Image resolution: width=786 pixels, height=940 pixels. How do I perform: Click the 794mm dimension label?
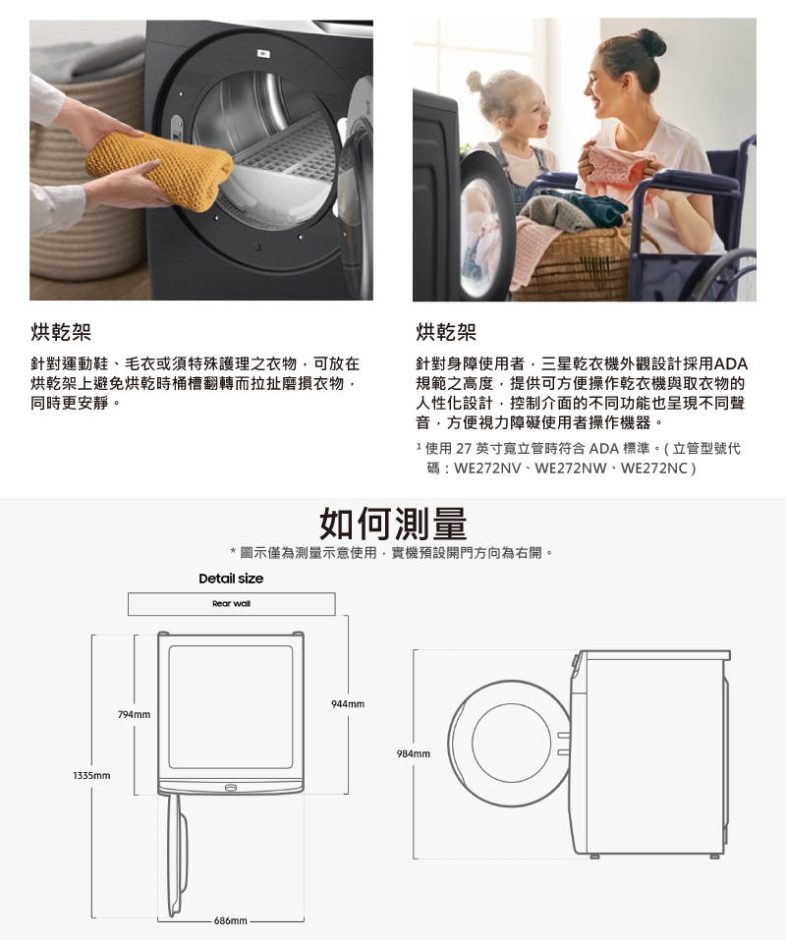point(135,715)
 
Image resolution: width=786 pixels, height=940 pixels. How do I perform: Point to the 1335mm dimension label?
point(91,776)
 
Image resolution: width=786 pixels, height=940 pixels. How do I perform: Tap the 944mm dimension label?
point(348,704)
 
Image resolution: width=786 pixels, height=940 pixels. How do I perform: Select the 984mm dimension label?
point(413,753)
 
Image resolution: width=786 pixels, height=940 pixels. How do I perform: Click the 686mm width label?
point(230,920)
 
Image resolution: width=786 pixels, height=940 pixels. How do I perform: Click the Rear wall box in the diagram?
point(232,604)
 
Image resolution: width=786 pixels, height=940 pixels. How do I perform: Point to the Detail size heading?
point(231,579)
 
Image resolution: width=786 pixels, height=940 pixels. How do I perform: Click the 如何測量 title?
point(393,524)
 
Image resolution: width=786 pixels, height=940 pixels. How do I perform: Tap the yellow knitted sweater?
point(159,170)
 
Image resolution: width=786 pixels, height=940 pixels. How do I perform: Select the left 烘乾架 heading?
point(61,332)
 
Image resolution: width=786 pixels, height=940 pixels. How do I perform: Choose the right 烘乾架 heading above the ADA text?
point(446,332)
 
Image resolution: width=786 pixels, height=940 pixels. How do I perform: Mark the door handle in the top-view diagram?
point(231,787)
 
